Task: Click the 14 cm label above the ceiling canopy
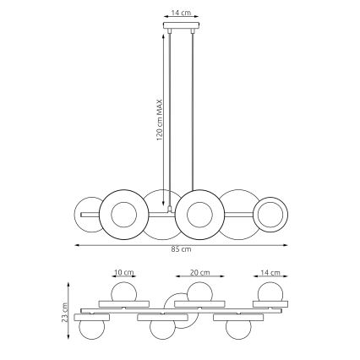179,14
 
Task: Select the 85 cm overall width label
180,249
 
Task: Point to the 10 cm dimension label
123,274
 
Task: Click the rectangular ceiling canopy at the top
179,28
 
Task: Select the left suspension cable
168,118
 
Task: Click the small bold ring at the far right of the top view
271,215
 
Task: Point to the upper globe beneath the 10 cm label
123,292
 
